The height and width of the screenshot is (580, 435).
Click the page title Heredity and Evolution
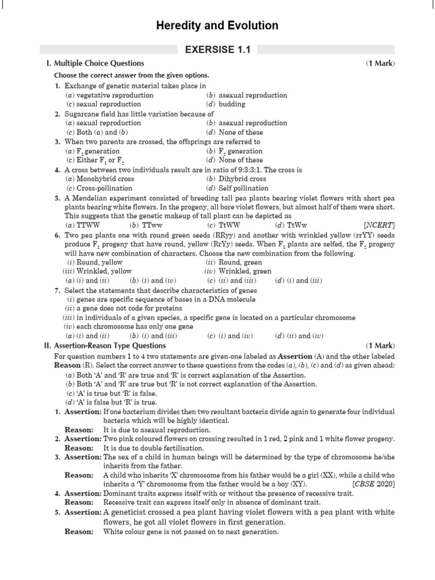coord(217,25)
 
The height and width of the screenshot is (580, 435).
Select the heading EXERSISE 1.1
coord(217,50)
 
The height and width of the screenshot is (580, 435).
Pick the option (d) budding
coord(226,104)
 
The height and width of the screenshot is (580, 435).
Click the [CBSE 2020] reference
coord(373,484)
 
